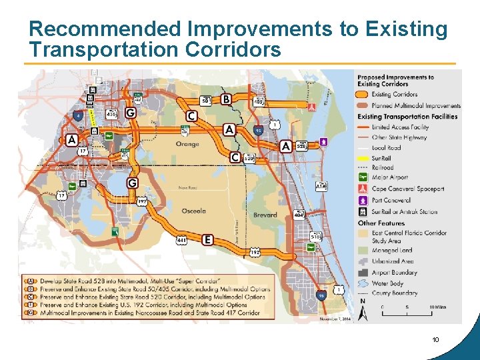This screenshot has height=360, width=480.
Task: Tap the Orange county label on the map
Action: [x=187, y=144]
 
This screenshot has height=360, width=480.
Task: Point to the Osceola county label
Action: [x=193, y=211]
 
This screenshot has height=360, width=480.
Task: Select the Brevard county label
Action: [x=265, y=215]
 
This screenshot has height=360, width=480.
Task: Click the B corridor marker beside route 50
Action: [x=226, y=99]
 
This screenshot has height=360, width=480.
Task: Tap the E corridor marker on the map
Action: [x=207, y=239]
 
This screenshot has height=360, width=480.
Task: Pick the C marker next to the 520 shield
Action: [x=235, y=157]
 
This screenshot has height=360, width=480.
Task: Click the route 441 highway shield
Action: [x=182, y=240]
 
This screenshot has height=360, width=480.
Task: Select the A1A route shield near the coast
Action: [x=321, y=186]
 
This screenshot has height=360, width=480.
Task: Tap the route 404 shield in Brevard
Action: [x=299, y=215]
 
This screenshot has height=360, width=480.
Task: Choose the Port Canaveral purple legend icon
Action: [x=364, y=201]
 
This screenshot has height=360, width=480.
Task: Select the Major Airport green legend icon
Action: [x=364, y=178]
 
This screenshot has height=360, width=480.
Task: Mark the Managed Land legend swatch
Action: [x=364, y=251]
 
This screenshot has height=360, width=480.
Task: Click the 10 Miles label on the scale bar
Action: [x=437, y=307]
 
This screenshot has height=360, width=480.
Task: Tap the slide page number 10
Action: [x=435, y=340]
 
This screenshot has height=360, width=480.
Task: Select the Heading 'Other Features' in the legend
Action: [x=381, y=223]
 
